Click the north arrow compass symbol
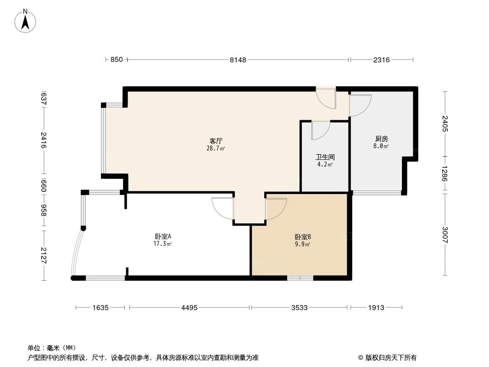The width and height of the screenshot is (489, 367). tap(26, 20)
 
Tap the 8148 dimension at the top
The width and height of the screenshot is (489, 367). tap(238, 60)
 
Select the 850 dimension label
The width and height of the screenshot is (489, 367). tap(117, 60)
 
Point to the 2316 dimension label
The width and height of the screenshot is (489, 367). tap(381, 60)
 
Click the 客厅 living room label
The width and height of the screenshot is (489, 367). tap(216, 141)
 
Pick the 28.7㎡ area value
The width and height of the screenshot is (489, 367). tap(216, 148)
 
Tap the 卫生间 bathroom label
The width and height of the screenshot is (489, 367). tap(325, 157)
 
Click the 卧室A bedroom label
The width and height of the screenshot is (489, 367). tap(163, 237)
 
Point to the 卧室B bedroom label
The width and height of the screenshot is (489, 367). tap(303, 237)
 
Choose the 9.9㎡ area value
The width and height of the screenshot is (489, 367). tap(303, 244)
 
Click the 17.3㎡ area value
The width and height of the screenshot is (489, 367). tap(163, 244)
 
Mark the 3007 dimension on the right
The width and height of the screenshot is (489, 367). tap(445, 235)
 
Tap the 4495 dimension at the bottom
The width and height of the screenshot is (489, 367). tap(189, 308)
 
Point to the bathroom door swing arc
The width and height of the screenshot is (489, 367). tap(321, 131)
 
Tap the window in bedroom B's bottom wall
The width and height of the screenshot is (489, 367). tap(300, 278)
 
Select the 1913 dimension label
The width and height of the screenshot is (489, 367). tap(376, 308)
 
